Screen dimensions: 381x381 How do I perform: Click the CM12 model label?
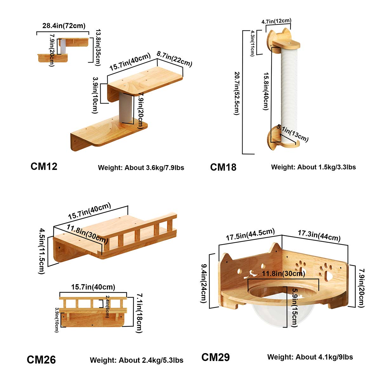44,166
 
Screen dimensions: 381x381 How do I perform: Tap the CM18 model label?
223,167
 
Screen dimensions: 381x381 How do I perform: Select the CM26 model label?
41,359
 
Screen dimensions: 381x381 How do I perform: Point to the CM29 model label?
216,357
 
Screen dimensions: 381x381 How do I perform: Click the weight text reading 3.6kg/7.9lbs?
141,167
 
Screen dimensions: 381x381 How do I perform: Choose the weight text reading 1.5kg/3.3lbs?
313,167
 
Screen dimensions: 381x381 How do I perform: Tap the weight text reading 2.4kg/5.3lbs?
137,360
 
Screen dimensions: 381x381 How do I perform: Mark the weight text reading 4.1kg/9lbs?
310,357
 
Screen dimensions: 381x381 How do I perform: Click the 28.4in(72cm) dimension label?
64,25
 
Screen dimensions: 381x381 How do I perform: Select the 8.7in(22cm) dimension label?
174,59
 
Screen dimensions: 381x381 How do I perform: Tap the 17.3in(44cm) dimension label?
319,236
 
